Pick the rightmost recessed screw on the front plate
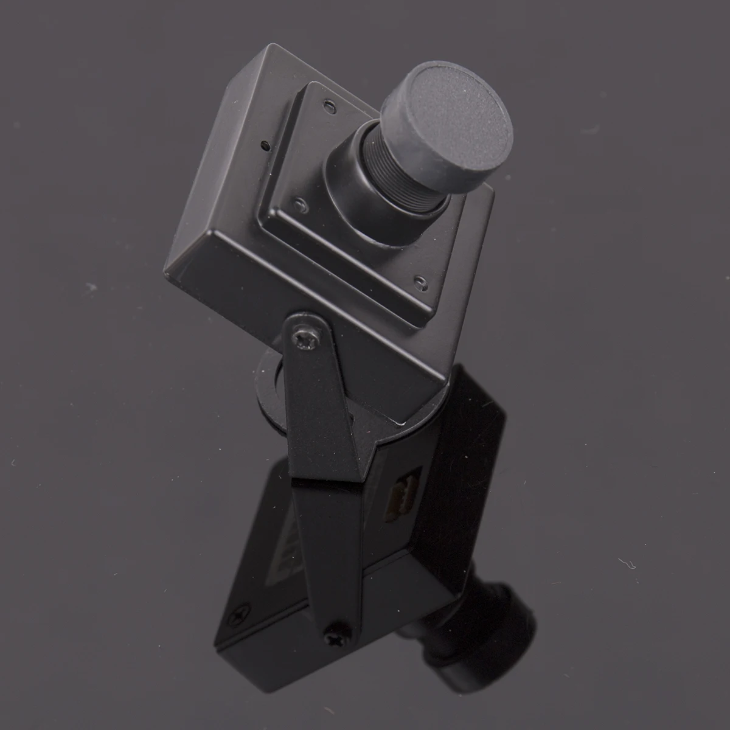coord(419,281)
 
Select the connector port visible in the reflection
coord(401,496)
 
